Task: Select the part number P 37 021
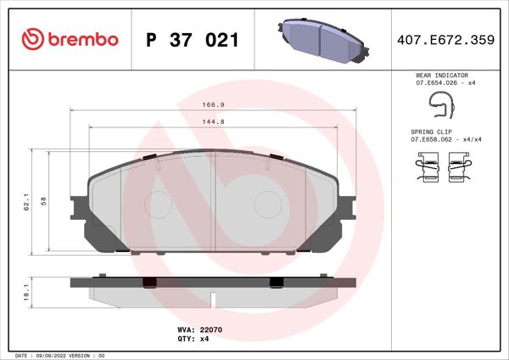pos(192,40)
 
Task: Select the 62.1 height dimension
pos(27,203)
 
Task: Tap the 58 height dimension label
pos(43,203)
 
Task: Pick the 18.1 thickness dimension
pos(27,293)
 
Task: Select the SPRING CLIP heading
pos(432,133)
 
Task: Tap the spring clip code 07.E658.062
pos(435,141)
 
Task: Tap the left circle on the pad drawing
pos(159,204)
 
